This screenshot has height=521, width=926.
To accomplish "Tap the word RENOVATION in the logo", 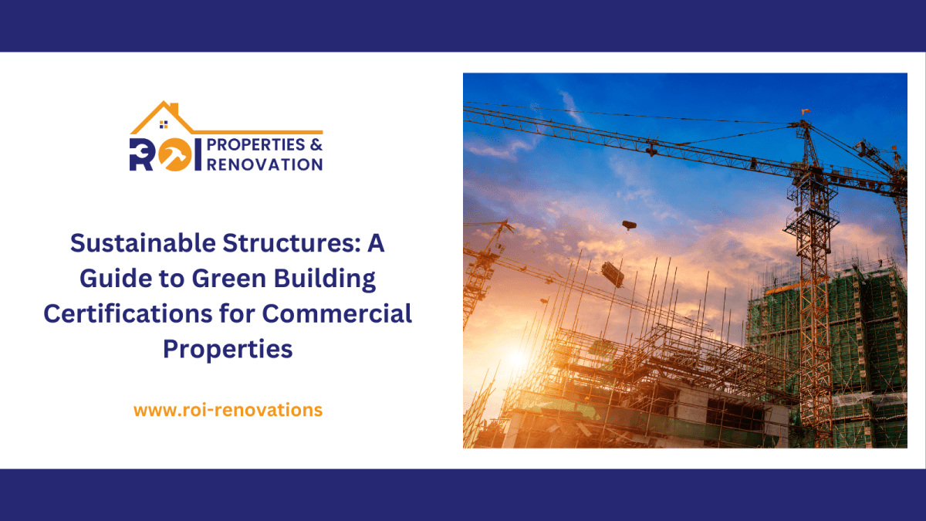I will (x=265, y=164).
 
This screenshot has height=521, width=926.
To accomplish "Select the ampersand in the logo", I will (x=315, y=145).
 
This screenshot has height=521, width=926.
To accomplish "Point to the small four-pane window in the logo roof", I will (x=163, y=123).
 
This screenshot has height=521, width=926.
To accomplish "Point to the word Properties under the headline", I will (x=228, y=349).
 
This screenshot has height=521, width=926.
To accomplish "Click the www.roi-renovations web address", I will (x=228, y=410).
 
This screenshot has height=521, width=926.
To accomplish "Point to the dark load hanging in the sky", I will (x=629, y=225).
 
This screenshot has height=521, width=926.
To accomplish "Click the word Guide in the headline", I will (x=119, y=279).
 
